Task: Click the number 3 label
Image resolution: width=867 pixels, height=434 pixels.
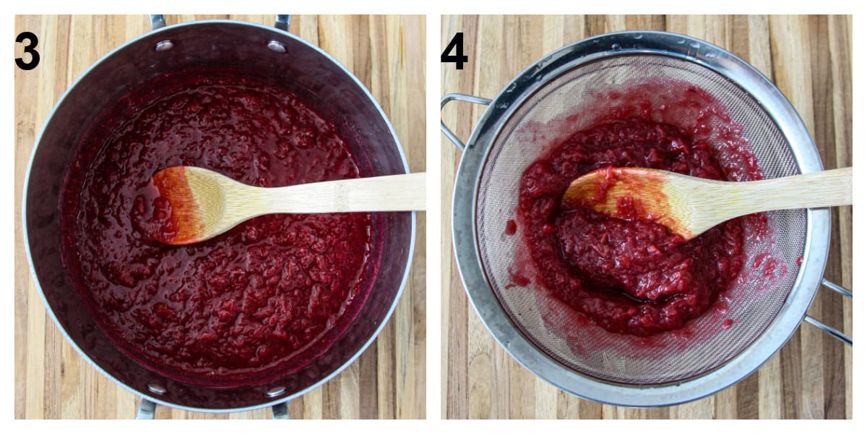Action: point(27,50)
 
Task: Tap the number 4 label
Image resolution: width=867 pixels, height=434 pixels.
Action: point(454,50)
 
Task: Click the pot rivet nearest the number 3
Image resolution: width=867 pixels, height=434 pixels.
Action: point(165,45)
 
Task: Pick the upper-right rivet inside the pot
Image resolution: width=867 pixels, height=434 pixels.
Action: point(277,46)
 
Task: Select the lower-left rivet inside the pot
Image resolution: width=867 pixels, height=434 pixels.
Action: point(157,389)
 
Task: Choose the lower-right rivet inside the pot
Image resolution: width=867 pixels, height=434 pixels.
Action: point(275,391)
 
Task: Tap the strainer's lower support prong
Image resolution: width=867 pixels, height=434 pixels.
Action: point(829,330)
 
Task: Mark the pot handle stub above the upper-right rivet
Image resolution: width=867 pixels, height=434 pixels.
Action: point(281,22)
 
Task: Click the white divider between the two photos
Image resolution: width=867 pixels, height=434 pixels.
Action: point(433,217)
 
